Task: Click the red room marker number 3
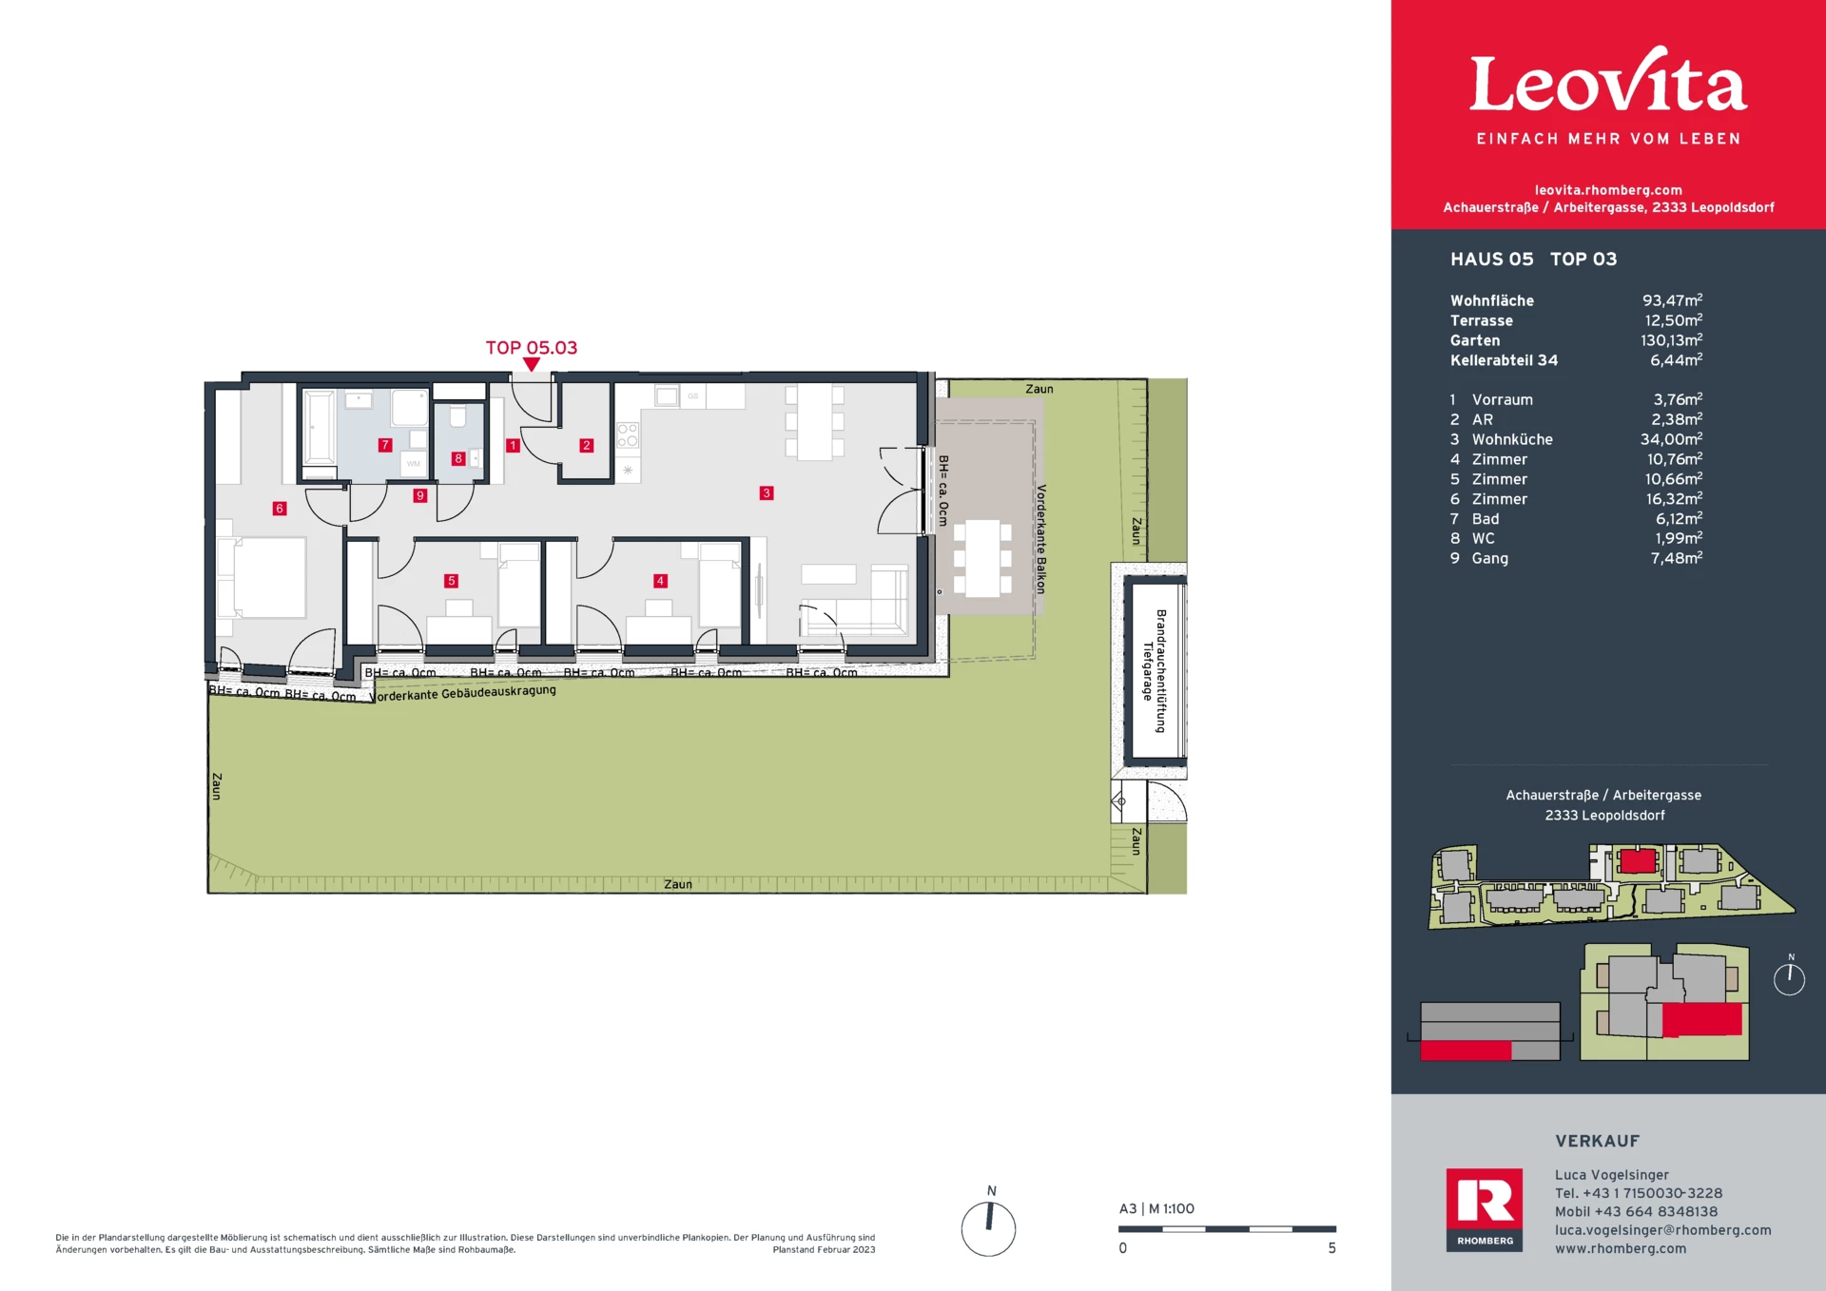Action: click(767, 492)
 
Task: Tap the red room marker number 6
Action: click(279, 509)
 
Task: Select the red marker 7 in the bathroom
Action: click(384, 445)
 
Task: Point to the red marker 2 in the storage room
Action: click(586, 445)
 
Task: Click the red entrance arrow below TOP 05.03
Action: click(532, 364)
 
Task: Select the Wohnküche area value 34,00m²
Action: click(1671, 439)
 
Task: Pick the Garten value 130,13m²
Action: click(1671, 340)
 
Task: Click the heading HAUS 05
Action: click(1491, 260)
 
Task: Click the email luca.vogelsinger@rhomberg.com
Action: click(1662, 1230)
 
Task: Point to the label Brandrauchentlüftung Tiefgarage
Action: click(1155, 670)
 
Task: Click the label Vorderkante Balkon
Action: click(1040, 539)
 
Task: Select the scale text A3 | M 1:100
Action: click(1156, 1209)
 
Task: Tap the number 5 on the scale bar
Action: click(1331, 1248)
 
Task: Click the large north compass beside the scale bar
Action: click(988, 1228)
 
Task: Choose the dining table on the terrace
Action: click(982, 558)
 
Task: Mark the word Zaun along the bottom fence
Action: click(677, 884)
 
